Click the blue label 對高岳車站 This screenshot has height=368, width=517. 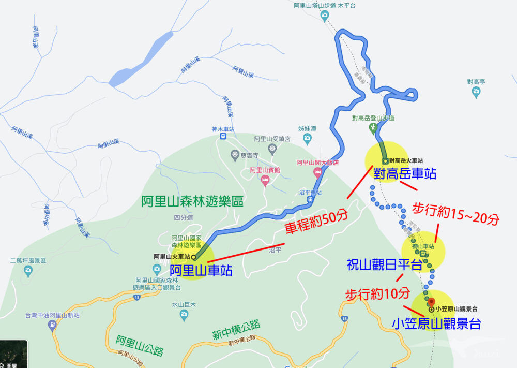[x=405, y=173]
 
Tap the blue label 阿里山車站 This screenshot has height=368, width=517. [x=201, y=270]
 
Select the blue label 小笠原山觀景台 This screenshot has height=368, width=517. [x=436, y=324]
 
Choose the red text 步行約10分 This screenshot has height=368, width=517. [x=377, y=294]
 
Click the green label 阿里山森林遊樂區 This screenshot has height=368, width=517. [x=192, y=202]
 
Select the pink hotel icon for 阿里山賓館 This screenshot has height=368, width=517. [x=265, y=181]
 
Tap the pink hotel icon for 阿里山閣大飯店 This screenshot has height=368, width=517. [x=317, y=172]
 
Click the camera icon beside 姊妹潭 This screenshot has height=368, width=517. [x=307, y=138]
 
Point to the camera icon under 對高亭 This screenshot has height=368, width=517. [x=476, y=93]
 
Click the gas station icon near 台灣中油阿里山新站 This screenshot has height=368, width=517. [x=52, y=326]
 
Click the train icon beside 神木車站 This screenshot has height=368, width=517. [x=223, y=137]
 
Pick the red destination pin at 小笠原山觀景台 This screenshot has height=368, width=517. [x=433, y=301]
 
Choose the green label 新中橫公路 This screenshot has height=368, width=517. [x=236, y=330]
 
